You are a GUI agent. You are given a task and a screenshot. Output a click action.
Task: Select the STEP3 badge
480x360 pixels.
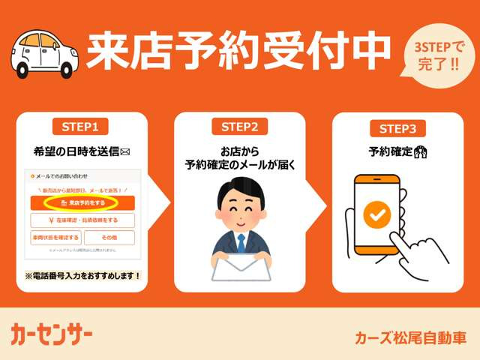397,128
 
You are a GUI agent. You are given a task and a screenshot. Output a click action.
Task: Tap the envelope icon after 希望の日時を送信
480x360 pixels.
125,151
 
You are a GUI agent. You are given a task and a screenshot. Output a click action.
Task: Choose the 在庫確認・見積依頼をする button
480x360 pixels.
82,220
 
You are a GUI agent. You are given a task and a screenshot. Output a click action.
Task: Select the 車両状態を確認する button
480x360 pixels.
55,237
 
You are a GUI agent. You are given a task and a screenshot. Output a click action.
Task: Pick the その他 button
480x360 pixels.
109,237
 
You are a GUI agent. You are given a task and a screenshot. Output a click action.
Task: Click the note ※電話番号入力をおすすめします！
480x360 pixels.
83,276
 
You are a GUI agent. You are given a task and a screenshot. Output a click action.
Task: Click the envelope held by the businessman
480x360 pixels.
241,267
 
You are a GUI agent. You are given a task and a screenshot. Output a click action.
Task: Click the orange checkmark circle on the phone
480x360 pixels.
376,214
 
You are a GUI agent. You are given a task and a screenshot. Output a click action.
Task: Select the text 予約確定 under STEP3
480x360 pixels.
390,151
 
